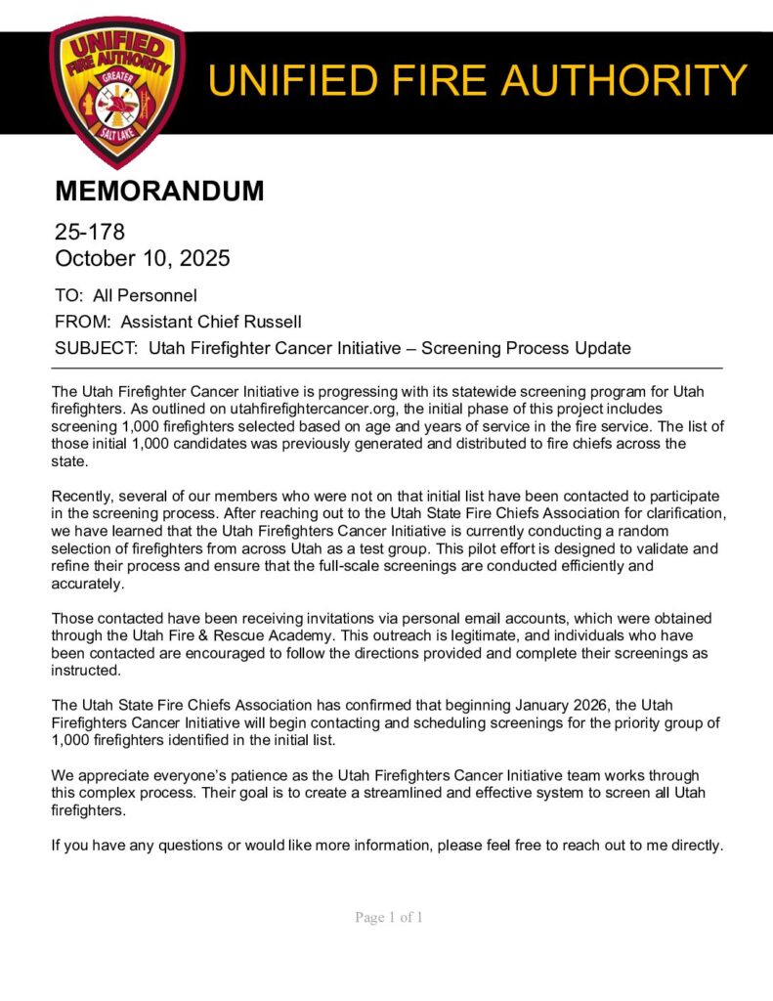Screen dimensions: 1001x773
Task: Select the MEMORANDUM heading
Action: click(159, 191)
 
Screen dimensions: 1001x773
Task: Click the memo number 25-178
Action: click(90, 233)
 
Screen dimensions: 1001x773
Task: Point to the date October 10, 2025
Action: click(143, 259)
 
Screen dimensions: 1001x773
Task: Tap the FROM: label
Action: click(83, 322)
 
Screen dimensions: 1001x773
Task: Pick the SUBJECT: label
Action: click(97, 348)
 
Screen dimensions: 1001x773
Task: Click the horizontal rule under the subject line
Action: click(386, 368)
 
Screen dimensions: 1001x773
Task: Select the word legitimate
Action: click(530, 635)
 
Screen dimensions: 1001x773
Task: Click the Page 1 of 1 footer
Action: click(388, 918)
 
